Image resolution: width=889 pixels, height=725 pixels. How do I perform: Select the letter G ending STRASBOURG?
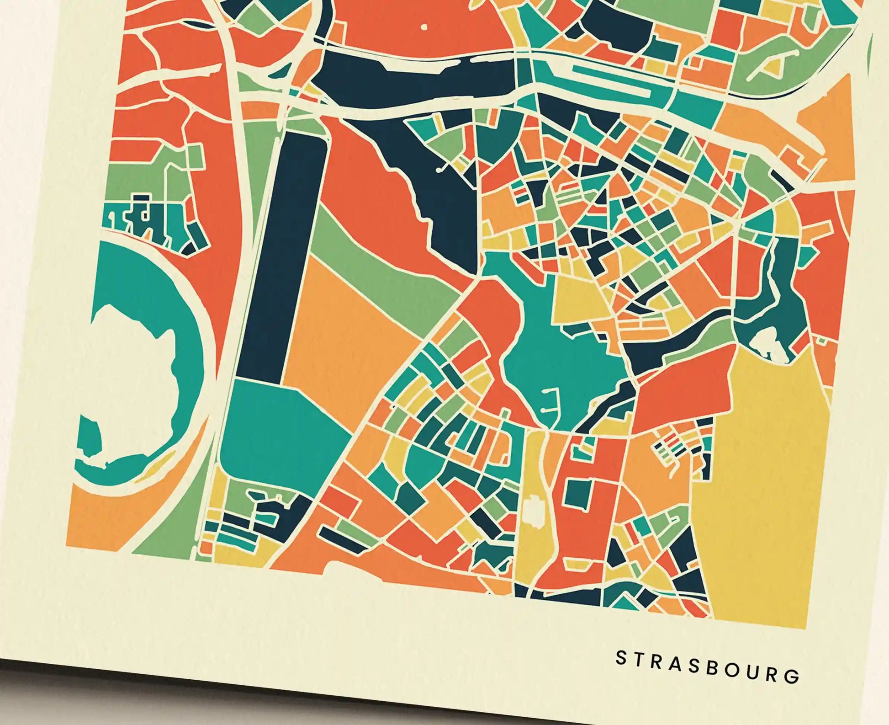[794, 676]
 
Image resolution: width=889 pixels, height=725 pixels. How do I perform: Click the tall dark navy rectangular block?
[283, 256]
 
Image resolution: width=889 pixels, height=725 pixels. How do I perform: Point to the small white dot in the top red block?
[424, 27]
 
